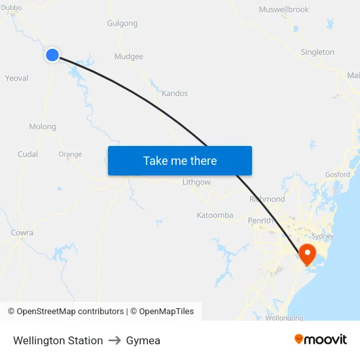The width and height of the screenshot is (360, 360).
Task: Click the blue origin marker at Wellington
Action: pos(52,55)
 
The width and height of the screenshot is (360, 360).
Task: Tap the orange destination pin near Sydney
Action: pos(306,253)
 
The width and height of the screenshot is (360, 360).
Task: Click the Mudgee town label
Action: pos(129,56)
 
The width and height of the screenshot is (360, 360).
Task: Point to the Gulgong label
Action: pos(122,24)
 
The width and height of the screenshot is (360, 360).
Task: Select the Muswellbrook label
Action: pos(283,10)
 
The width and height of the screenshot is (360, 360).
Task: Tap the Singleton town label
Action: pos(317,52)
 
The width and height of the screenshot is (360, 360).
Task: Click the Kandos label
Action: pos(175,94)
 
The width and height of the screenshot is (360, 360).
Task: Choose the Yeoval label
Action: pos(16,78)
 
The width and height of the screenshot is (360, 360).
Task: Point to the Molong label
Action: pos(43,126)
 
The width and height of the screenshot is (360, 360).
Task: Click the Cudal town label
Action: pos(27,154)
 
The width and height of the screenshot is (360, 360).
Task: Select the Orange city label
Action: pos(70,154)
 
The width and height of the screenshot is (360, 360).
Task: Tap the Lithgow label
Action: pos(197,182)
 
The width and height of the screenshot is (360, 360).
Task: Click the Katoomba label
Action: pos(215,215)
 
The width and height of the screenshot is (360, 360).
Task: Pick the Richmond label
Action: pos(267,199)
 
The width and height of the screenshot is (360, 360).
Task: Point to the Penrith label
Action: pos(261,221)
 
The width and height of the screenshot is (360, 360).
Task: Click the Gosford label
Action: pos(338,175)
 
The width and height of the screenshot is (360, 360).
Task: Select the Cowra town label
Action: pos(22,232)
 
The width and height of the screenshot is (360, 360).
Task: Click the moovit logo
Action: pos(321,339)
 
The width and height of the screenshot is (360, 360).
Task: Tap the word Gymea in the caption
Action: pos(143,340)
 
